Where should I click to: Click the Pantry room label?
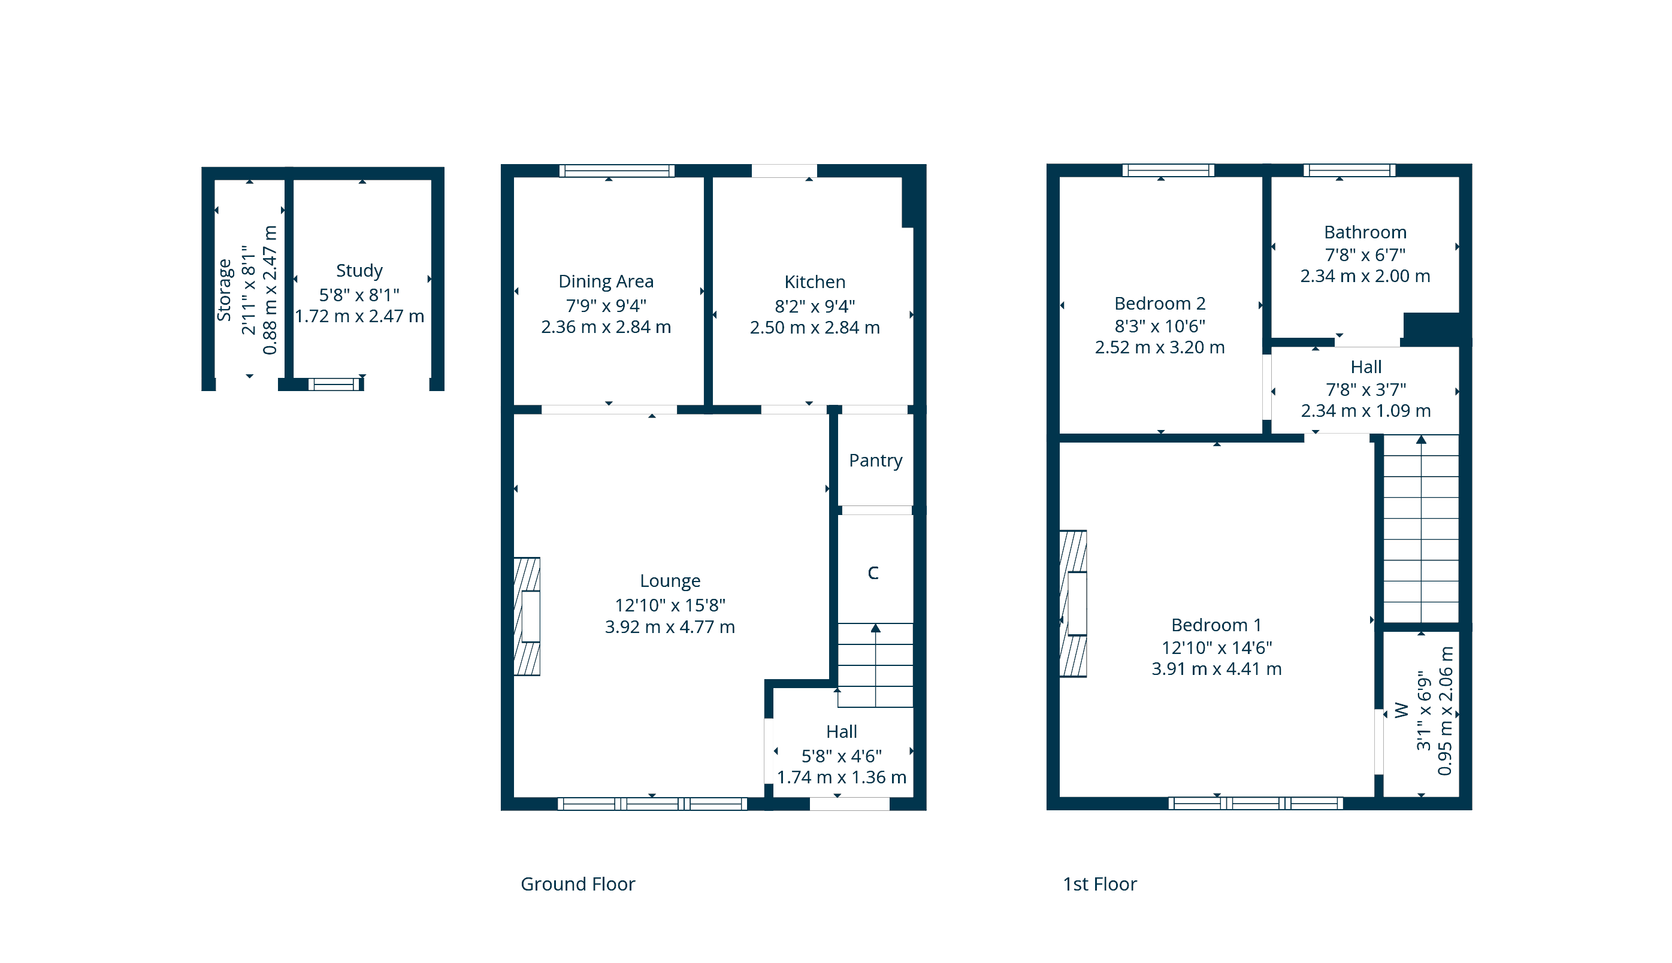pos(875,461)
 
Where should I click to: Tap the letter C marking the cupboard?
pos(873,573)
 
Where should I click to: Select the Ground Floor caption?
pos(578,885)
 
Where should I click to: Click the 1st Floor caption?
pos(1099,885)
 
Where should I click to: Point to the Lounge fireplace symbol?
pos(527,616)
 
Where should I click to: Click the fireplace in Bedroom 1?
pos(1073,604)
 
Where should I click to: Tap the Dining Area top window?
pos(616,171)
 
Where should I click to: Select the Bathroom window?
pos(1349,170)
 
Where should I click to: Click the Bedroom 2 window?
pos(1168,170)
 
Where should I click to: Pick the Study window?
pos(335,384)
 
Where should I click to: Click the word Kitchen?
pos(815,283)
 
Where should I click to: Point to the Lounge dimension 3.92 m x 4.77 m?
pos(670,627)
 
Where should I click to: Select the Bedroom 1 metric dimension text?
pos(1216,670)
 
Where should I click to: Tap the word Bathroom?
pos(1365,233)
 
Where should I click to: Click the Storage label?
pos(224,290)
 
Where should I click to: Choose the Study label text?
pos(359,271)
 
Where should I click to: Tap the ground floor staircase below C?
pos(876,665)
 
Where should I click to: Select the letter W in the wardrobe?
pos(1401,710)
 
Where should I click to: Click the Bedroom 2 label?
pos(1159,304)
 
